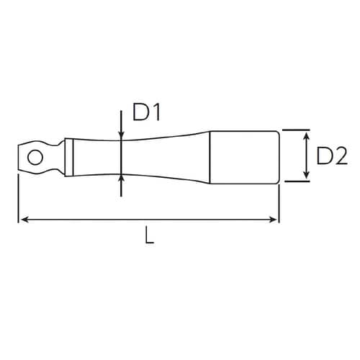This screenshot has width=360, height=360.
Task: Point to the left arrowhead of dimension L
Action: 22,218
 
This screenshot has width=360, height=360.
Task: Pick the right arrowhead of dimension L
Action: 274,218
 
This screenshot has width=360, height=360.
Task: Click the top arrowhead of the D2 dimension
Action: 307,134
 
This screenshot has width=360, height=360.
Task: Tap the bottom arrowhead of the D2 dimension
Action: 307,176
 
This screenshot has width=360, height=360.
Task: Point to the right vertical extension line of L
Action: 279,202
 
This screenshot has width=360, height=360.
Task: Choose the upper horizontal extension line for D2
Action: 297,130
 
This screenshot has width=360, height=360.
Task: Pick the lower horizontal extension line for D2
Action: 297,181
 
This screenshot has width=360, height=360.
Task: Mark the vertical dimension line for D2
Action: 307,155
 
